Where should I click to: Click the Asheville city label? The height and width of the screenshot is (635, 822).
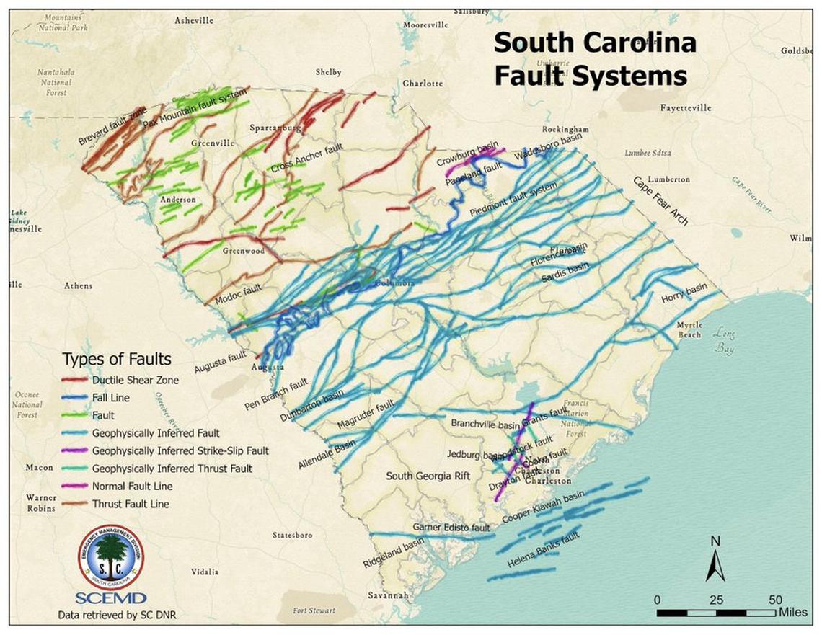click(194, 21)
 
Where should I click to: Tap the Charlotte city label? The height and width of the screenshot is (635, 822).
click(423, 84)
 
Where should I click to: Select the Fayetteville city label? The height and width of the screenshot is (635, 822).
click(685, 108)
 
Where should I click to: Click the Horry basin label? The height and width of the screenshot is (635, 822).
click(684, 295)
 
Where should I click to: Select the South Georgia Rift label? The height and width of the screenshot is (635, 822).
click(428, 476)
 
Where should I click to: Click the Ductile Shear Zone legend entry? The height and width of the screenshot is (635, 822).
click(135, 380)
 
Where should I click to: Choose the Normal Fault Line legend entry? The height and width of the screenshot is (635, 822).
click(132, 487)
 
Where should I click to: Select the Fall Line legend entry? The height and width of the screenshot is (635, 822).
click(110, 397)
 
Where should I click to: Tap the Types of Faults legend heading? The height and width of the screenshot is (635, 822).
click(117, 359)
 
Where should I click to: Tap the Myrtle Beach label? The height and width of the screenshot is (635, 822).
click(689, 330)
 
